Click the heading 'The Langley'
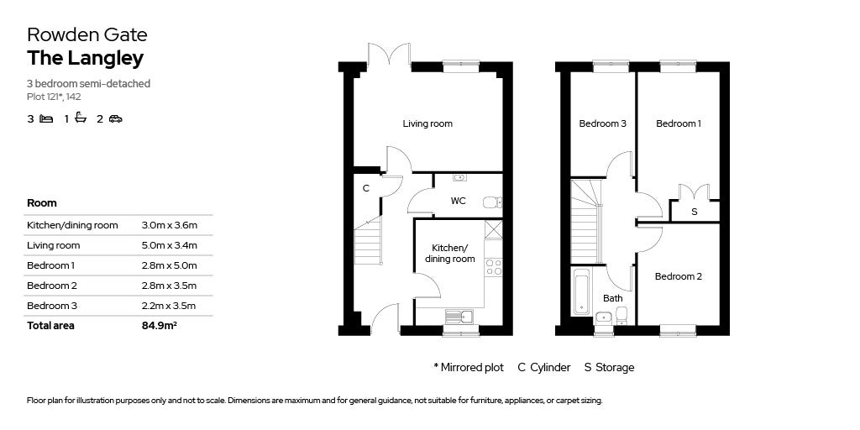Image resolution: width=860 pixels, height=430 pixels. coord(85,58)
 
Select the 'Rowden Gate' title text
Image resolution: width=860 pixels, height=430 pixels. coord(87,34)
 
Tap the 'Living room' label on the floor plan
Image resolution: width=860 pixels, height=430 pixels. coord(427,123)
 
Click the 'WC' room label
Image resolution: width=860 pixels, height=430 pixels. coord(458,201)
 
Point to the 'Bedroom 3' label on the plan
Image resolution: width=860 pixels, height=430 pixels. coord(602,123)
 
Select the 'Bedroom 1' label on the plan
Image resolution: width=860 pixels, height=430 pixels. coord(678,123)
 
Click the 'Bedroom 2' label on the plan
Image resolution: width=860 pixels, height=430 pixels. coord(678,276)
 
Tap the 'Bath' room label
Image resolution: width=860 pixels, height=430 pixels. coord(612,298)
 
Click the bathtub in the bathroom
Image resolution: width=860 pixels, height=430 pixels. coord(582,291)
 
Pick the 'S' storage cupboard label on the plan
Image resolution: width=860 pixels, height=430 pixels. coord(694,212)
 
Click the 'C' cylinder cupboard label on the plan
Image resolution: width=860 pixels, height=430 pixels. coord(365,188)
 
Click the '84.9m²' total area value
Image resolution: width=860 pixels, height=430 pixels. coord(159,326)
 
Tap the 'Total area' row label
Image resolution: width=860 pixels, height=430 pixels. coord(50,326)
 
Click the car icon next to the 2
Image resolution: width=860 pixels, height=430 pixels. coord(115,119)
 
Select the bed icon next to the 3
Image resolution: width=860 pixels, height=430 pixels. coord(46,119)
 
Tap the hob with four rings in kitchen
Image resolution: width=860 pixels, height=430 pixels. coord(493,267)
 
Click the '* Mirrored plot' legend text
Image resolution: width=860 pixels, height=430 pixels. coord(468,367)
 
